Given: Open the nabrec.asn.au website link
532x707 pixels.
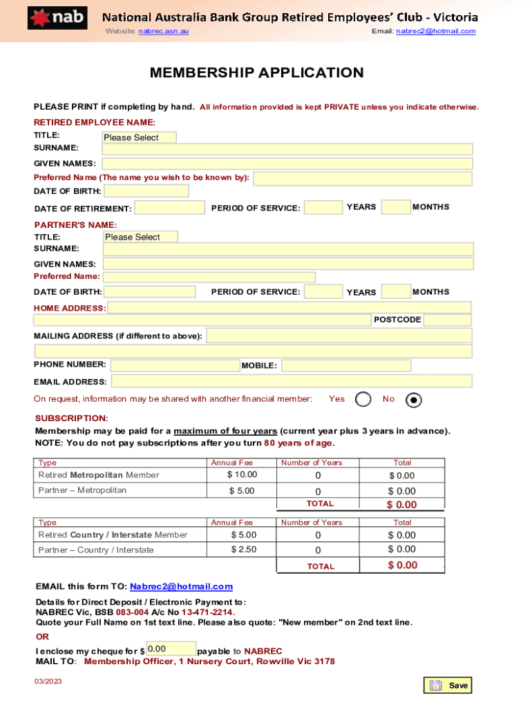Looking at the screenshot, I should tap(163, 32).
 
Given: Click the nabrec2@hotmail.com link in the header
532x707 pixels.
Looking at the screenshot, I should tap(435, 32).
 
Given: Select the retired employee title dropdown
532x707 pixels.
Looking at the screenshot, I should tap(139, 137).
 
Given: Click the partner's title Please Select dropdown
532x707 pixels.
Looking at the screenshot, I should tap(140, 237).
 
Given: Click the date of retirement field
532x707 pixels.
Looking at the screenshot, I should tap(170, 208).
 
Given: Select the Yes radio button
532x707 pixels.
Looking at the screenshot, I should tap(363, 399).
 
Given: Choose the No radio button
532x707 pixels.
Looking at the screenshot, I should tap(413, 399).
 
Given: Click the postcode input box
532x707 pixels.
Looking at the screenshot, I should tap(447, 320).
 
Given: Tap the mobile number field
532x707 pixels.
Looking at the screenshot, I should tap(345, 365).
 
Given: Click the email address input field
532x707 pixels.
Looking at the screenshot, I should tap(292, 381).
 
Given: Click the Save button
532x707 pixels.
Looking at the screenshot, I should tap(448, 686).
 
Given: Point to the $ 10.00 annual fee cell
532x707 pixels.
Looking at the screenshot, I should tap(242, 474).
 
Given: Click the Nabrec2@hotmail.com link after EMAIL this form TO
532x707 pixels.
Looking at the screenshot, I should tap(181, 587).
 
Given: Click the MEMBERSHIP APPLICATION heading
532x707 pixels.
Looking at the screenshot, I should tap(257, 73).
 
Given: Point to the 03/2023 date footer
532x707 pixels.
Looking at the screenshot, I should tap(48, 682).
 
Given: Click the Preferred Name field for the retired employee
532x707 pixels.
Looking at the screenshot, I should tap(362, 179).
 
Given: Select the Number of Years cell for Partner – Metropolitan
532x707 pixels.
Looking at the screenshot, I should tap(318, 491).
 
